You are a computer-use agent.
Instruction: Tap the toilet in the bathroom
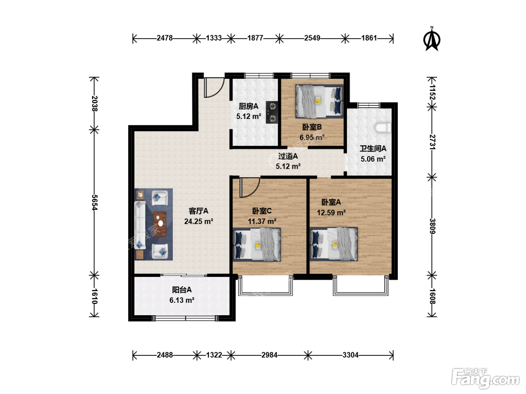tap(383, 127)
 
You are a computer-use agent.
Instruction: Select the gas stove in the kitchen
tap(272, 112)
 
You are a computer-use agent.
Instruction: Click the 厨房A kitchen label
tap(248, 106)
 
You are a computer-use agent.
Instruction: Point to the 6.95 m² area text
tap(312, 137)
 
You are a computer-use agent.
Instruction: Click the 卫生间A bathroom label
tap(373, 149)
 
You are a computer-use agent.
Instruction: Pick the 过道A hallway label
tap(288, 156)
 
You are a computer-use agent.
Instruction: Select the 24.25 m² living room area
tap(198, 221)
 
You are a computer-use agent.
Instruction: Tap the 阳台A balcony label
tap(181, 290)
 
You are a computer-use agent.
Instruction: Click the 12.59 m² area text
tap(331, 212)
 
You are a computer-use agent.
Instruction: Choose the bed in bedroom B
tap(319, 101)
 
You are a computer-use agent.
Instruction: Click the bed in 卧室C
tap(257, 244)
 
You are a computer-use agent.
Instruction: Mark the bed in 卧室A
tap(334, 244)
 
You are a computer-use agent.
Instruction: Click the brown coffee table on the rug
tap(160, 224)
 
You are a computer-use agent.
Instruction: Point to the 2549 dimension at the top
tap(312, 38)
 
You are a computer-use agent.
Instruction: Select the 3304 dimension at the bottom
tap(350, 355)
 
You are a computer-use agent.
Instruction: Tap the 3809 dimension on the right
tap(432, 226)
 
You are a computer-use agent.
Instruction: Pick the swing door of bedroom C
tap(250, 187)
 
